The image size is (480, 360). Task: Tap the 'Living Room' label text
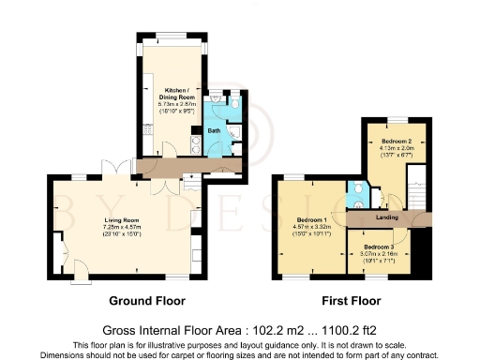click(x=121, y=220)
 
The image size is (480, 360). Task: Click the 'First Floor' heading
click(x=352, y=301)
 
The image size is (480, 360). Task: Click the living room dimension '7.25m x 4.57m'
click(x=121, y=227)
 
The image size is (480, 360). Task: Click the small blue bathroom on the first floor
click(x=355, y=196)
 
